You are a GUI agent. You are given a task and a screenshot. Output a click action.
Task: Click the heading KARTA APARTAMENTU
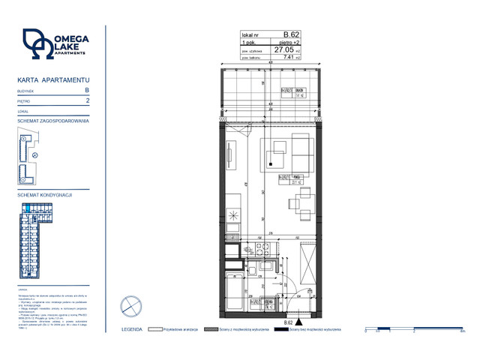(x=53, y=79)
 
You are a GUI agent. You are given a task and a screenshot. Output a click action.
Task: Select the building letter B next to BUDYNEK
(x=88, y=89)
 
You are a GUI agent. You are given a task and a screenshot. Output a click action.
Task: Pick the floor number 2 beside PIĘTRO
(x=88, y=100)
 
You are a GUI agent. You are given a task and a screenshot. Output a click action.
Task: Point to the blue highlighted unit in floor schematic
(x=28, y=208)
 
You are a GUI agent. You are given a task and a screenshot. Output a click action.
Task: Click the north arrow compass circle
(x=131, y=307)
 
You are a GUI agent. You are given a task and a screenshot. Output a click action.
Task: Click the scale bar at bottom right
(x=412, y=328)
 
